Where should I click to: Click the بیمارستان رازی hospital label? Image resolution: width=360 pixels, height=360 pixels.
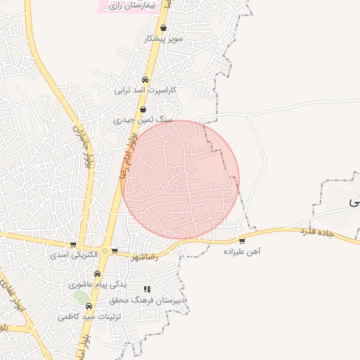coord(134,5)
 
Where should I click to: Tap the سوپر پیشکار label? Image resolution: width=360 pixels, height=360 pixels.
coord(163,39)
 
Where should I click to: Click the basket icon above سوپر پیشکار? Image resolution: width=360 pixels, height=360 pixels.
coord(164,29)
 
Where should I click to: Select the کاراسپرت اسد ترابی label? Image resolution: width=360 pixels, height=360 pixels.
coord(148,91)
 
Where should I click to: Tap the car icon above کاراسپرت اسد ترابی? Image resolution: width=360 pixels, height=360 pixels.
coord(146,80)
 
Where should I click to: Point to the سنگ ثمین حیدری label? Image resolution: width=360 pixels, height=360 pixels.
coord(143,120)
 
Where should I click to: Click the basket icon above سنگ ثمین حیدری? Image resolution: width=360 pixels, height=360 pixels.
coord(143,110)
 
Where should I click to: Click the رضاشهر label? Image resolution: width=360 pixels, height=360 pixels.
coord(143,257)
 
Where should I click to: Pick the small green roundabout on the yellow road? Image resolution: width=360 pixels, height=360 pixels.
coord(105,251)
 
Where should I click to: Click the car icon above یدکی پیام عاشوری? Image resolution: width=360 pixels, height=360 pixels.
coord(98,274)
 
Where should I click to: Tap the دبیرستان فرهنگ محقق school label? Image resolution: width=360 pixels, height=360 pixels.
coord(148,300)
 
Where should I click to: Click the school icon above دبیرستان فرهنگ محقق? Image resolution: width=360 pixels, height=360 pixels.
coord(147,289)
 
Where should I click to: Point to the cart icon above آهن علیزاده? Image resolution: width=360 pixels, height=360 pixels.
coord(243,240)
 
